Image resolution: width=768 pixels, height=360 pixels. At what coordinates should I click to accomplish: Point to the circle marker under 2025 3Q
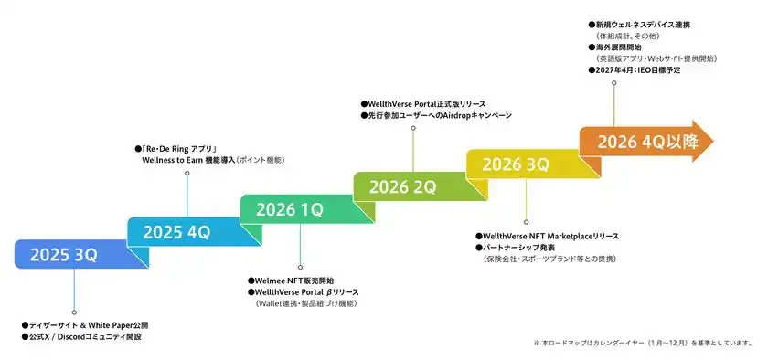[74, 311]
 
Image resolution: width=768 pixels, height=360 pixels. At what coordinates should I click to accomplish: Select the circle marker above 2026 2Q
[413, 128]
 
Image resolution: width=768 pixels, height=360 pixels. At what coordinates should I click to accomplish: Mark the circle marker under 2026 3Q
[526, 221]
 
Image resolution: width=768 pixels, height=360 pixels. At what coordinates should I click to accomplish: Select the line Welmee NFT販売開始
[294, 281]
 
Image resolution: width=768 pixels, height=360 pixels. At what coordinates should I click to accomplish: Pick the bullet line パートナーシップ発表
[522, 248]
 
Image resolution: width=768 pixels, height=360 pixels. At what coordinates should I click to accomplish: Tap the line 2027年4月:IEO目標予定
[638, 70]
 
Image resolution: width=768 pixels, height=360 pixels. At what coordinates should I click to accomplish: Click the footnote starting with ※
[645, 343]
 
